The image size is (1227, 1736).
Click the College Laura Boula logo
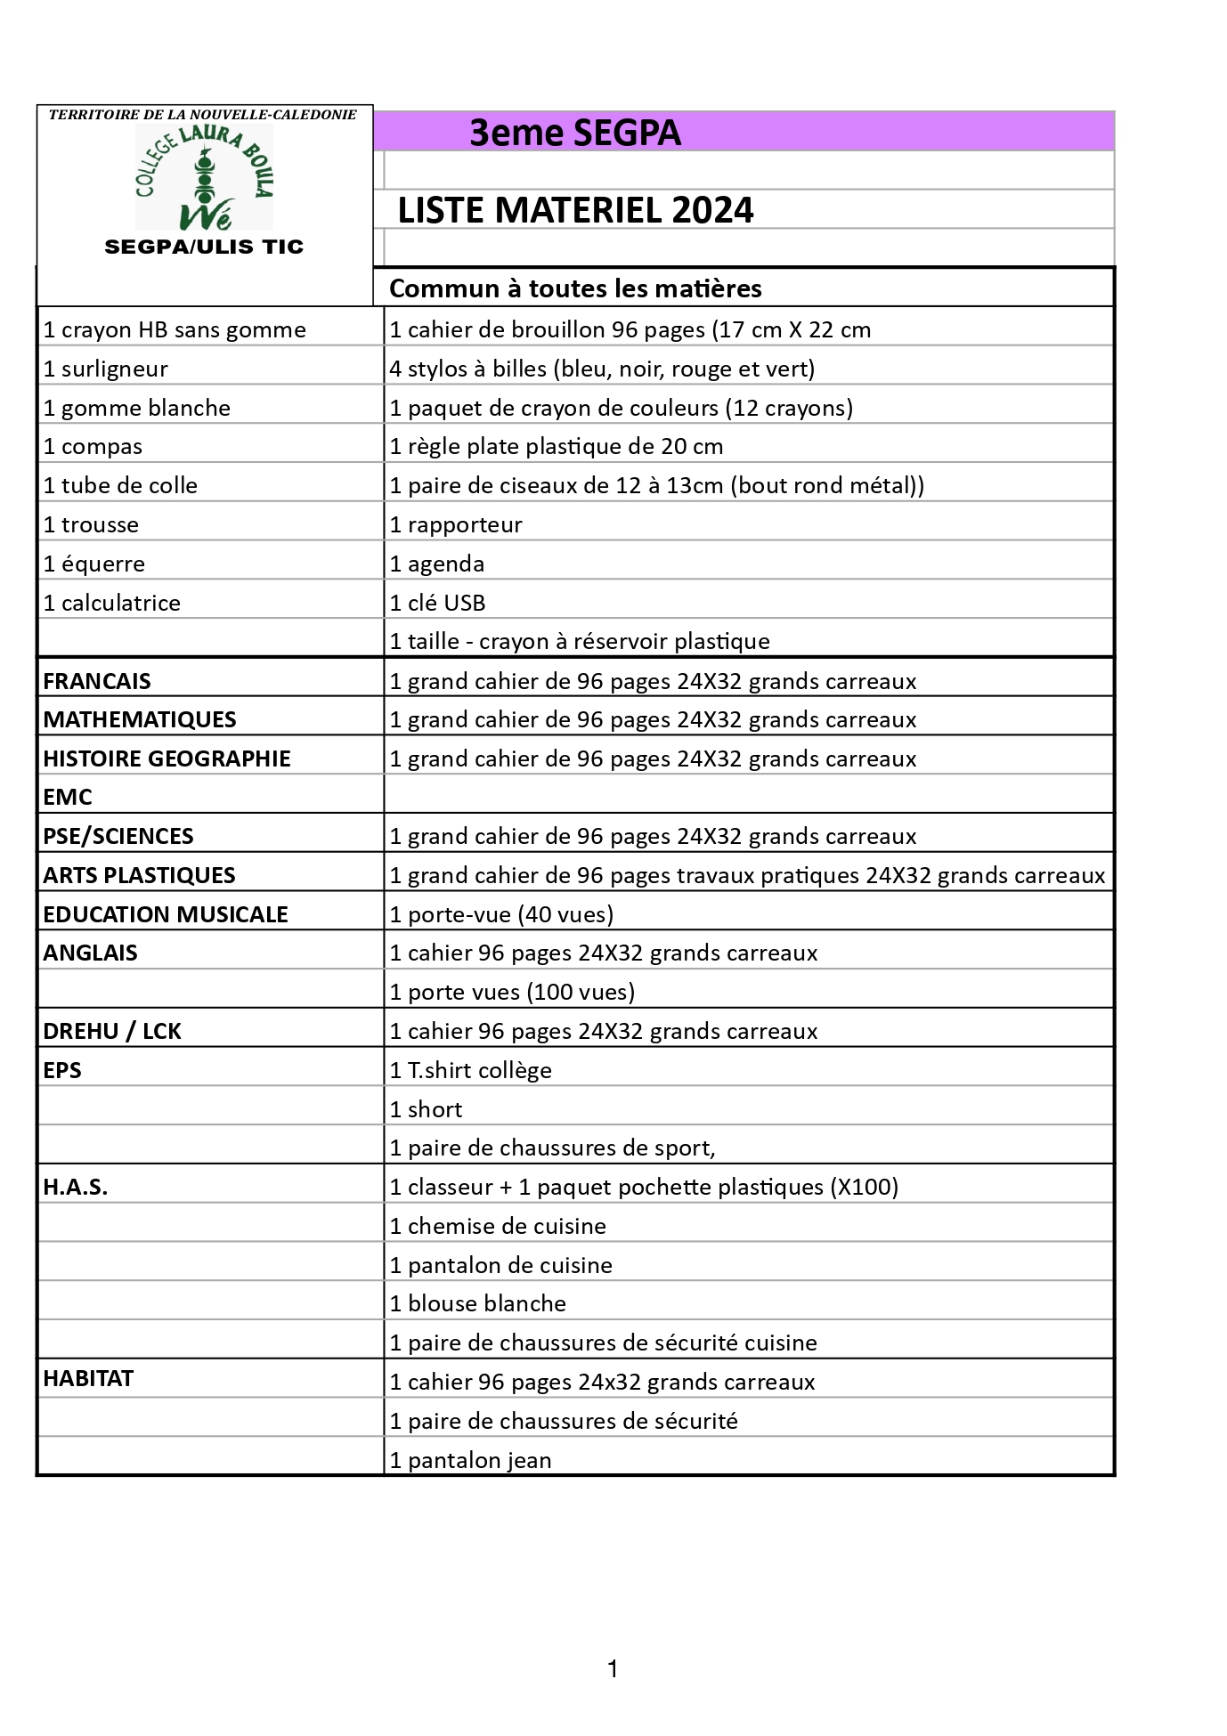204,177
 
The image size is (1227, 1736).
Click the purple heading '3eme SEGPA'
574,133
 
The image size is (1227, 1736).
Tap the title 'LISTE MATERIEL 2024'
575,210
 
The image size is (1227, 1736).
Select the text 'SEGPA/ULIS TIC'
204,247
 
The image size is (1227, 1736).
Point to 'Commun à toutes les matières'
575,288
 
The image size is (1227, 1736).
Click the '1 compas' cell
93,446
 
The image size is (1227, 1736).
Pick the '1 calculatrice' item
111,603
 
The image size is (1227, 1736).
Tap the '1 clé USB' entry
437,603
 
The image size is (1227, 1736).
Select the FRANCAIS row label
97,681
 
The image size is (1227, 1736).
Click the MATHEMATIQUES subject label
140,719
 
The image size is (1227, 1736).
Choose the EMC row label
68,797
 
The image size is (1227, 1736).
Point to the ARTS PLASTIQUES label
139,875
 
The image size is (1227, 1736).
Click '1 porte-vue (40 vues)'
501,914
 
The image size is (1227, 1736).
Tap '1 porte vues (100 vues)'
512,992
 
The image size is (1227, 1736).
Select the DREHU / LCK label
112,1031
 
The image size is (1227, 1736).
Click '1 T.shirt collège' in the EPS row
470,1070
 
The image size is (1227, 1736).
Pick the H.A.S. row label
76,1187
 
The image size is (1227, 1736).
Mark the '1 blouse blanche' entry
477,1303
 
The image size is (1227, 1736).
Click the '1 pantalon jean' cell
470,1460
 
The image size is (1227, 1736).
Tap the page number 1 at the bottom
613,1669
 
